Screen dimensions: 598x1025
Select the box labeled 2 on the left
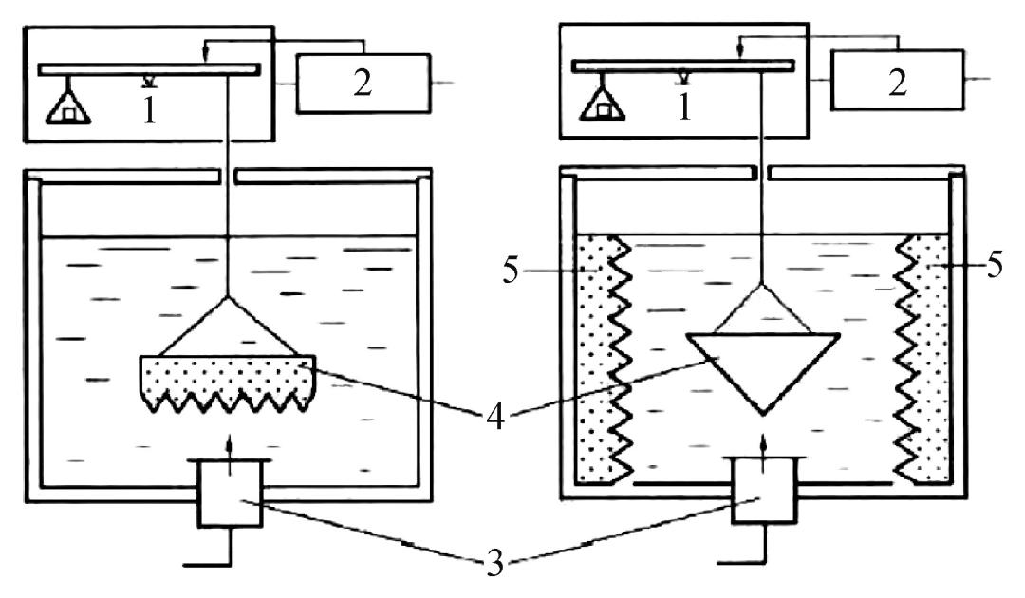(361, 84)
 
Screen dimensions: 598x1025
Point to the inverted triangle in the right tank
(764, 365)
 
